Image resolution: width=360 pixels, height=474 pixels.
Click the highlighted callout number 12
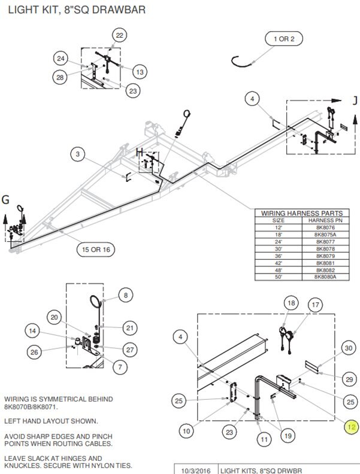click(352, 427)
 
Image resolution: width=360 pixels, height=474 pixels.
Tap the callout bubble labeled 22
click(119, 35)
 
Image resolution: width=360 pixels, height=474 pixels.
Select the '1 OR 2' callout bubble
click(284, 39)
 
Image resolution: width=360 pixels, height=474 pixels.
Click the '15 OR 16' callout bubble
click(96, 250)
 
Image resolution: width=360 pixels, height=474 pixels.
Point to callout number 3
click(78, 154)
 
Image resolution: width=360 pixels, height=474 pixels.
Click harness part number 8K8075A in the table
click(325, 235)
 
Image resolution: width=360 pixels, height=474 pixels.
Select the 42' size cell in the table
click(279, 263)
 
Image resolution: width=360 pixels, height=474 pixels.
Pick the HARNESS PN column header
click(325, 220)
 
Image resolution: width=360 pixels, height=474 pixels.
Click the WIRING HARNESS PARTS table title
click(302, 213)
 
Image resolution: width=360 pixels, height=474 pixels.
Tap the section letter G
click(6, 200)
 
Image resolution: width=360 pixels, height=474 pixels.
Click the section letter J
click(355, 101)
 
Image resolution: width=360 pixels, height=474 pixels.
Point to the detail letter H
click(140, 153)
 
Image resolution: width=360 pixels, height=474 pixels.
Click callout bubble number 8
click(126, 295)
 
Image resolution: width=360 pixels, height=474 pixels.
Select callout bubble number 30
click(349, 348)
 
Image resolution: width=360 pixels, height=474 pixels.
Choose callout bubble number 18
click(291, 303)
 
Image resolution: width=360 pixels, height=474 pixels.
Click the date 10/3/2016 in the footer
click(196, 470)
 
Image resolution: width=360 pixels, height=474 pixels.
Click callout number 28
click(60, 77)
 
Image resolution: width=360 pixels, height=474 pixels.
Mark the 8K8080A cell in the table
click(325, 277)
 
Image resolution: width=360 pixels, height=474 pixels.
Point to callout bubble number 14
click(32, 331)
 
